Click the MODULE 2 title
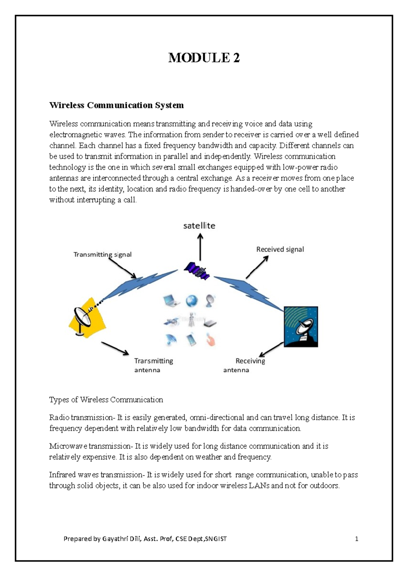[x=204, y=58]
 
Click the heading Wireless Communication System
[x=117, y=105]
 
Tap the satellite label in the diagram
[x=199, y=226]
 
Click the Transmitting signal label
[x=102, y=255]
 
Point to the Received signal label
[x=280, y=249]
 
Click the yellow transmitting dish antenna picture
[x=87, y=317]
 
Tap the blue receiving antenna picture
[x=301, y=327]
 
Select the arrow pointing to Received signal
[x=257, y=267]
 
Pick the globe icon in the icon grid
[x=191, y=301]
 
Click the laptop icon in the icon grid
[x=171, y=301]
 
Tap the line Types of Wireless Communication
[x=106, y=400]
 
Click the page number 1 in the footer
[x=357, y=539]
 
